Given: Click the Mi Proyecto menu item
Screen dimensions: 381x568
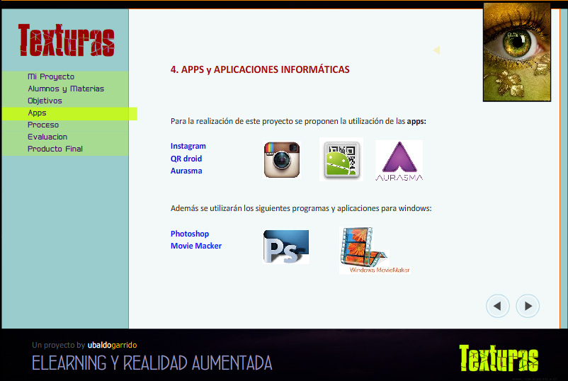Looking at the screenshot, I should coord(51,76).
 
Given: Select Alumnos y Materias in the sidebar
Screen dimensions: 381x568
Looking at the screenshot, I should coord(66,89).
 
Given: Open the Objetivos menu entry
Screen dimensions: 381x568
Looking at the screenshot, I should coord(45,101).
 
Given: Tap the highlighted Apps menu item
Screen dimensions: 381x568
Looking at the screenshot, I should coord(37,113).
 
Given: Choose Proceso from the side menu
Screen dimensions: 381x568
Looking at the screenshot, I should coord(43,125).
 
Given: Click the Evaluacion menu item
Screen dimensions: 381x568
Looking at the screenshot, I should coord(47,137).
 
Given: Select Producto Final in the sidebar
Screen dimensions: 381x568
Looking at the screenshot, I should coord(55,149).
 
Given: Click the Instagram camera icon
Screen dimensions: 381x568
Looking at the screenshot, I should coord(282,159).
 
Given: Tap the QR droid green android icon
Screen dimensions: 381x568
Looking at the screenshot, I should coord(341,160).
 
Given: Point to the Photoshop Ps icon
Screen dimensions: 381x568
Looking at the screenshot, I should coord(286,247).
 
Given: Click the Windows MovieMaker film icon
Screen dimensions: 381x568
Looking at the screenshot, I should coord(364,250).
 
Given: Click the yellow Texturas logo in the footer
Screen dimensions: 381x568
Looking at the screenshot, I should coord(498,358).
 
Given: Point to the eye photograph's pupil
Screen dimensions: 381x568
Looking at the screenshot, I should coord(516,45).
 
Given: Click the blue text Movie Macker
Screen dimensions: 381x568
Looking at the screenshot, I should coord(196,246).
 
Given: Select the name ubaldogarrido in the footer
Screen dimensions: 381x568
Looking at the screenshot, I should coord(112,345).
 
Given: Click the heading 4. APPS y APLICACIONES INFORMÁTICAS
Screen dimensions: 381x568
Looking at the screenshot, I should coord(260,69).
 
